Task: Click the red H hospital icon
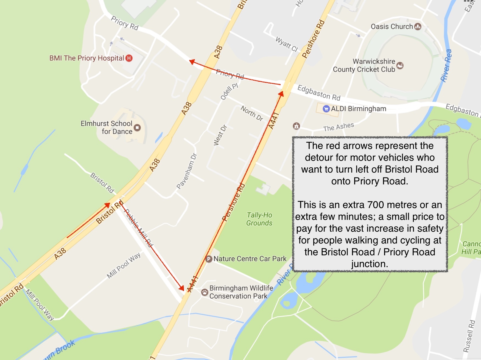pyautogui.click(x=129, y=58)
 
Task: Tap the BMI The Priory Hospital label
pyautogui.click(x=87, y=58)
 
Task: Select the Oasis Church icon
pyautogui.click(x=418, y=26)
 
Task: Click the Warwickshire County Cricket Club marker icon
pyautogui.click(x=400, y=65)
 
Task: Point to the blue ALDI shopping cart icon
pyautogui.click(x=326, y=109)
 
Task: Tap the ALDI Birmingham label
pyautogui.click(x=359, y=109)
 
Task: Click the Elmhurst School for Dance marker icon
pyautogui.click(x=137, y=128)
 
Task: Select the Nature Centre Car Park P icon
pyautogui.click(x=209, y=259)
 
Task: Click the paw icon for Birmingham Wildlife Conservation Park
pyautogui.click(x=205, y=292)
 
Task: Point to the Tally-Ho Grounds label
pyautogui.click(x=259, y=219)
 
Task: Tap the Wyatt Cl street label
pyautogui.click(x=287, y=44)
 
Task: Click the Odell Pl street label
pyautogui.click(x=229, y=91)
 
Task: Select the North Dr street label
pyautogui.click(x=252, y=113)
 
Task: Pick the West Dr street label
pyautogui.click(x=220, y=135)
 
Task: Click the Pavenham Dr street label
pyautogui.click(x=187, y=171)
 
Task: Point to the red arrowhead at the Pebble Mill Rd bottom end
pyautogui.click(x=181, y=288)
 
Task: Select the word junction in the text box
pyautogui.click(x=370, y=264)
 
